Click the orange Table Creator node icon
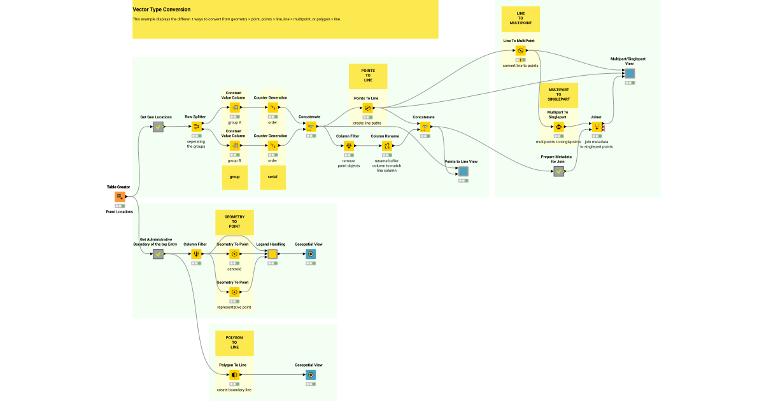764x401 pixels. pos(120,197)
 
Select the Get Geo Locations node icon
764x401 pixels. pos(158,127)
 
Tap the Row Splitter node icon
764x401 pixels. pos(196,127)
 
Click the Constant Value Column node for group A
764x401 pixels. pos(234,108)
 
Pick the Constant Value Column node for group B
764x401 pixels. pos(234,146)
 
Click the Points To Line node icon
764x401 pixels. pos(368,108)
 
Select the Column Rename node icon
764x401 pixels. pos(386,146)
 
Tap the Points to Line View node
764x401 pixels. pos(463,171)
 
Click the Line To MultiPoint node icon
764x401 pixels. pos(520,50)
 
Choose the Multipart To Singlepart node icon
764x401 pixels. pos(558,127)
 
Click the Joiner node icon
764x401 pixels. pos(597,127)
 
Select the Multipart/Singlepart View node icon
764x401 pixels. pos(630,74)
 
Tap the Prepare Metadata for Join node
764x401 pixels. pos(558,171)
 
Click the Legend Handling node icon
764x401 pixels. pos(272,254)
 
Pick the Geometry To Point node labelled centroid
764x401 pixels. pos(234,254)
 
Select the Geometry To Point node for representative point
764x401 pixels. pos(234,292)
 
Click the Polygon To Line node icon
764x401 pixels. pos(234,375)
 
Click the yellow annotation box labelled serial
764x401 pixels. pos(272,178)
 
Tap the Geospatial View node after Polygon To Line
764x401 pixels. pos(310,375)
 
